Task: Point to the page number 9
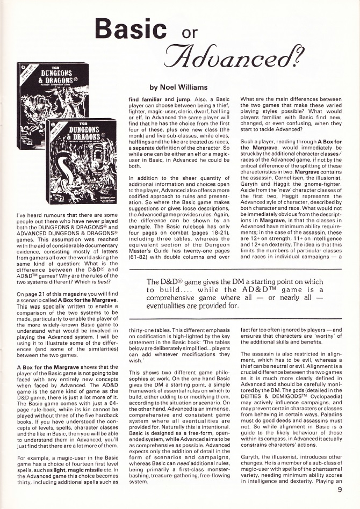[x=340, y=489]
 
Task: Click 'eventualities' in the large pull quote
[x=171, y=307]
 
